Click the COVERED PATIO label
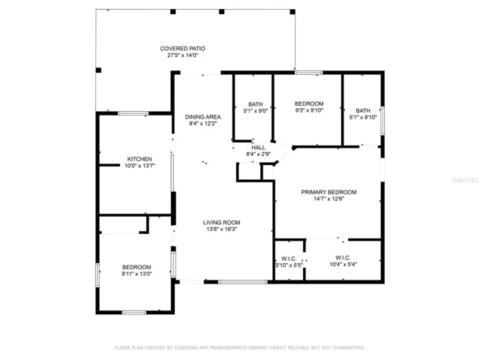pos(182,49)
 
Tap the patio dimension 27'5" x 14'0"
pos(182,55)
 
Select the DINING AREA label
pos(202,117)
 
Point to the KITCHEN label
pos(139,159)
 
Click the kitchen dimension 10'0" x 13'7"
pos(139,166)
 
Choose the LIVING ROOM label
pos(221,223)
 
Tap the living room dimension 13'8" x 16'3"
pos(221,229)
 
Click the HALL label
pos(258,148)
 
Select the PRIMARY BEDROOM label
pos(328,192)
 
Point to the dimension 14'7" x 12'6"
pos(328,199)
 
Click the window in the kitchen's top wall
pos(133,113)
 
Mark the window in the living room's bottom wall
pos(243,282)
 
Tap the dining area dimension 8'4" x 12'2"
pos(202,124)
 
